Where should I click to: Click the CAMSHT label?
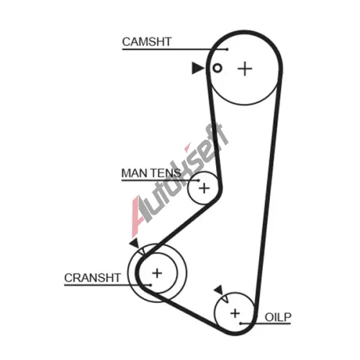(147, 42)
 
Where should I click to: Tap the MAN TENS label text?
(151, 173)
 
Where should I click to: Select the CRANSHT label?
(92, 278)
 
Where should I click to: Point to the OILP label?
(278, 318)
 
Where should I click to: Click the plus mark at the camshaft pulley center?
(245, 69)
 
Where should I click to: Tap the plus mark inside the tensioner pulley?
(204, 188)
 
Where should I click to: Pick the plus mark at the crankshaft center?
(157, 273)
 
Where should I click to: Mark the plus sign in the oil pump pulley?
(235, 313)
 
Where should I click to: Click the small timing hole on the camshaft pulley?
(217, 68)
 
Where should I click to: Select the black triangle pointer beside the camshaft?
(197, 68)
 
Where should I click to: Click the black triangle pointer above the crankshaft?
(135, 243)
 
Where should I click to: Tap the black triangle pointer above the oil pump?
(219, 290)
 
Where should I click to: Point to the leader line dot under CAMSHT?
(227, 50)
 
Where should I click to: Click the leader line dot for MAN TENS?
(198, 180)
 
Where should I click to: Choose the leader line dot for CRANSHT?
(150, 285)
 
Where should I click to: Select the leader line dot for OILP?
(240, 324)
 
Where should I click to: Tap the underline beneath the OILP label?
(266, 324)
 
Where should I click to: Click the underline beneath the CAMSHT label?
(174, 50)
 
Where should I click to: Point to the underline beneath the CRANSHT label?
(107, 285)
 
